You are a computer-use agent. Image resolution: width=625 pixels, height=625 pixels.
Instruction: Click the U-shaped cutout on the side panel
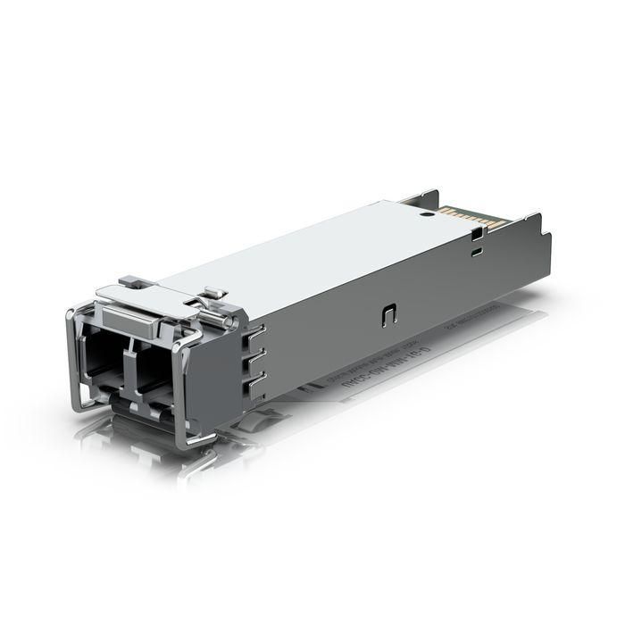point(388,313)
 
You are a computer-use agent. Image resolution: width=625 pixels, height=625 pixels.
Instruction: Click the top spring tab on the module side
point(255,333)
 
